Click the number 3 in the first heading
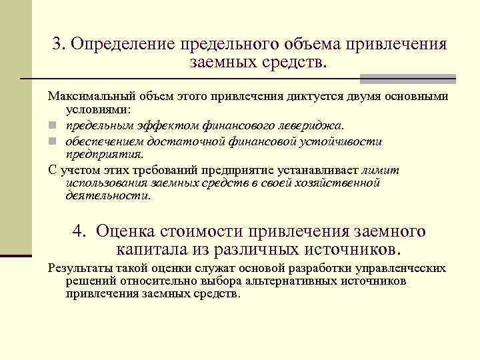[x=58, y=44]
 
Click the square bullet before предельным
[x=52, y=125]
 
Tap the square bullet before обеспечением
[x=52, y=142]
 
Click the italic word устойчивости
[x=339, y=141]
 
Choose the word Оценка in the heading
[x=125, y=231]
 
